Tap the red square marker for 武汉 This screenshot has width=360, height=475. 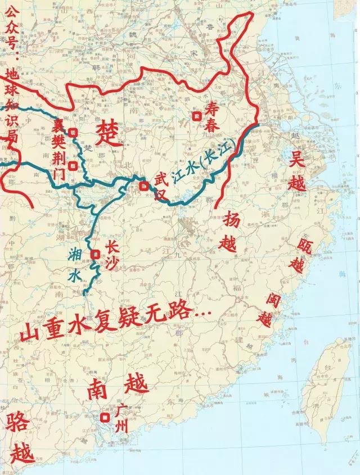click(145, 186)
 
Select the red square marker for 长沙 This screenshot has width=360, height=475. click(94, 254)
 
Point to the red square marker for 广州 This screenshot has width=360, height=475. click(105, 418)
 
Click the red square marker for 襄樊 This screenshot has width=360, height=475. click(73, 133)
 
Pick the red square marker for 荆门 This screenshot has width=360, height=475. click(73, 166)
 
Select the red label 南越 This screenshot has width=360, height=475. click(118, 388)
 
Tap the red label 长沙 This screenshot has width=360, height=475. click(112, 256)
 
